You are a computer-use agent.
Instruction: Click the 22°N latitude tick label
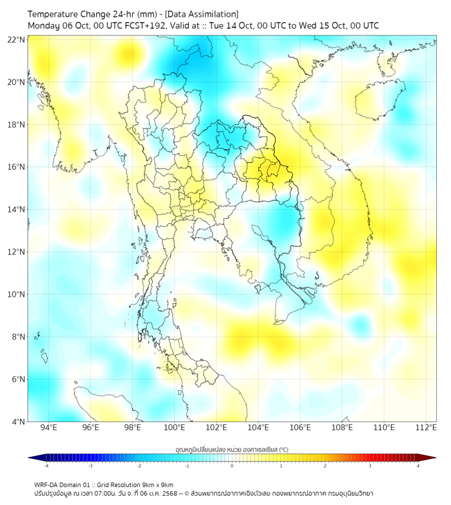pos(17,39)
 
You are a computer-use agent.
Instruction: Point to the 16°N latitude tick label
pos(17,166)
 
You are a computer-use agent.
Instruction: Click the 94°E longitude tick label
pos(49,428)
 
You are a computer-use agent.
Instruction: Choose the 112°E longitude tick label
pos(426,428)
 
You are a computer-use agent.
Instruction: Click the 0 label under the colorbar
pos(232,466)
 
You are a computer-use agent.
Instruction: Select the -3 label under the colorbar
pos(91,466)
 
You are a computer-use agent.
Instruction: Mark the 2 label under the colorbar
pos(325,466)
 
